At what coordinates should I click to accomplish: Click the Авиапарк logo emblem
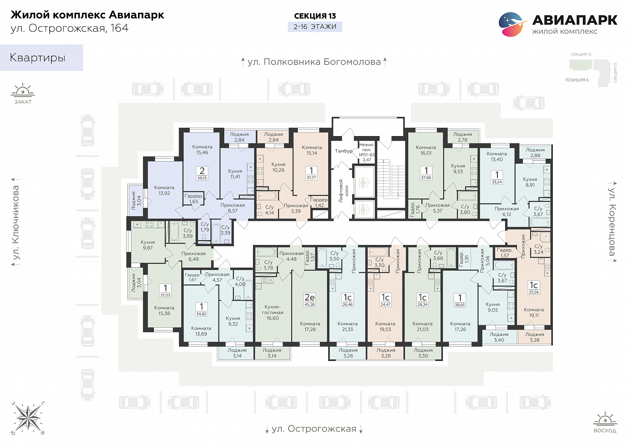[512, 24]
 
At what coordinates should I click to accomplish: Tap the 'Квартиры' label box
[41, 58]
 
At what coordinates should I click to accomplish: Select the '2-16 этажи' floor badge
[315, 27]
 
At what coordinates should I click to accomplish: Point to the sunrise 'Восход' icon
[605, 422]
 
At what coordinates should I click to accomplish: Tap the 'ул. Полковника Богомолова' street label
[314, 62]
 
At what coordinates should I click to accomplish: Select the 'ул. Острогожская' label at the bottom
[314, 429]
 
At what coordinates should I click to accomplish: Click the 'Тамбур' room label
[343, 151]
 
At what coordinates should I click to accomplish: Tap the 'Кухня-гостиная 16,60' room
[272, 312]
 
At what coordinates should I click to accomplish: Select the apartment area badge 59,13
[202, 178]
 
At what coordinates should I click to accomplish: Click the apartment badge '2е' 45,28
[310, 299]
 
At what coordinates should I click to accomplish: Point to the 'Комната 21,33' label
[347, 326]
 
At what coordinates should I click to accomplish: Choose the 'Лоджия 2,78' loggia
[462, 137]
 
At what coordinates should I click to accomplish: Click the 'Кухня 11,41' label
[235, 174]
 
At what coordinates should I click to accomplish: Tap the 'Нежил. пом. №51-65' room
[367, 152]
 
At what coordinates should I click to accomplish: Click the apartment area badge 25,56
[533, 292]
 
